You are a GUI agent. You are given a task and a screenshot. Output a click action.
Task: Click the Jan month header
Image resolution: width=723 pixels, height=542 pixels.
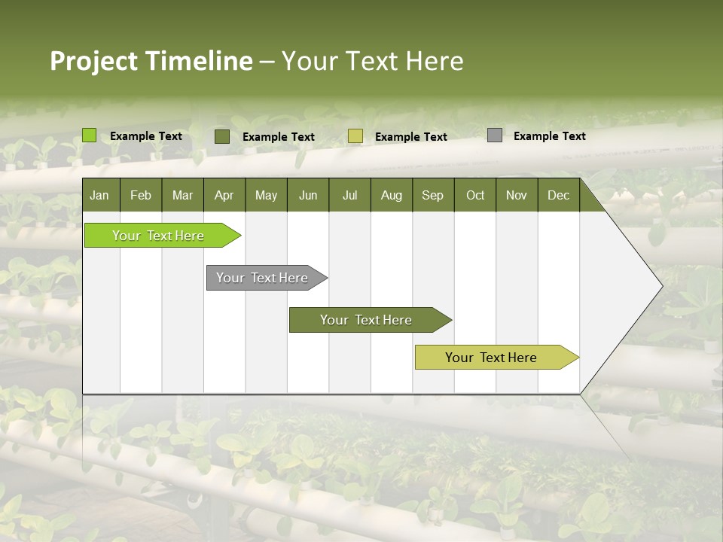point(100,195)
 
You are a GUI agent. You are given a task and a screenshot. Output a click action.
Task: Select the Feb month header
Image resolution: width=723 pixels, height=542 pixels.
point(141,195)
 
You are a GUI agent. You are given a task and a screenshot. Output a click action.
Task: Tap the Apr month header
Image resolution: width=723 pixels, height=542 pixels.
point(224,195)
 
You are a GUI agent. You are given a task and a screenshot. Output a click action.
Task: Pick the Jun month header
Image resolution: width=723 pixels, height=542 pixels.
point(308,195)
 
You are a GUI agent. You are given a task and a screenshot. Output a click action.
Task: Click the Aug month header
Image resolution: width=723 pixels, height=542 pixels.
point(392,195)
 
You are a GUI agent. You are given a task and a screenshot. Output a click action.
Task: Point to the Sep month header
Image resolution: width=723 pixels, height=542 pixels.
point(433,195)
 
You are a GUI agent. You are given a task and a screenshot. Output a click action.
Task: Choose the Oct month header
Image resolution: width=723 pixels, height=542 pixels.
point(475,195)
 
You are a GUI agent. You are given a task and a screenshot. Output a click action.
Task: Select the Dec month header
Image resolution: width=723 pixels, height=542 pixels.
point(559,195)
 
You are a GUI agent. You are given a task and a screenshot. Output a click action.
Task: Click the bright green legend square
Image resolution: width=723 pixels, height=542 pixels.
point(89,135)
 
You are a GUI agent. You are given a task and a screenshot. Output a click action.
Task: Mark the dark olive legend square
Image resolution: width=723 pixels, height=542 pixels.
point(222,136)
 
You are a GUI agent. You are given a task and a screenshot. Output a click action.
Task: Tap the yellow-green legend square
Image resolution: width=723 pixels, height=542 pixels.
point(355,136)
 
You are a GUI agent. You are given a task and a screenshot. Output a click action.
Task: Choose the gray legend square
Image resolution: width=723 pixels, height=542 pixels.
point(495,135)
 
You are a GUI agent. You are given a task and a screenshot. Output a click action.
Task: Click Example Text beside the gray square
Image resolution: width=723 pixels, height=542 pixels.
point(549,136)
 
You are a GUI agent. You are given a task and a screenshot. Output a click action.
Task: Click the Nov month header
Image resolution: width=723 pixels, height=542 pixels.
point(517,195)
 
